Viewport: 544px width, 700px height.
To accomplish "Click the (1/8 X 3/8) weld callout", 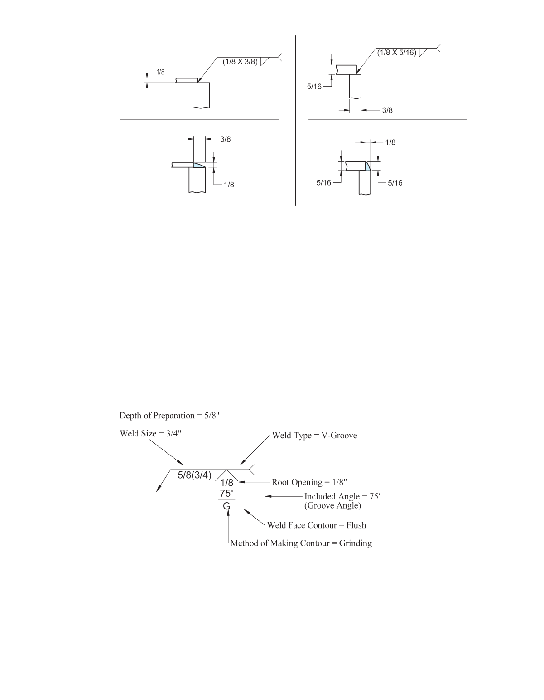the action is (x=240, y=62).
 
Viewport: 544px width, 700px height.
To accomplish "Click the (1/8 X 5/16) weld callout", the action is (x=397, y=53).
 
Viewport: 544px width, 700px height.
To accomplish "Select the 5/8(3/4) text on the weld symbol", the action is (x=194, y=475).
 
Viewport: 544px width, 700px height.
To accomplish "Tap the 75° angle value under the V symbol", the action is (x=226, y=493).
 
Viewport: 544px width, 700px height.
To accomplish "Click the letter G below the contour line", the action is (x=226, y=506).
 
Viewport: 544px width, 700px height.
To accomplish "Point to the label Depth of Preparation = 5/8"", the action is (x=169, y=416).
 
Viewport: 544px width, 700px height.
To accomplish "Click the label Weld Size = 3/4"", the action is (x=150, y=433).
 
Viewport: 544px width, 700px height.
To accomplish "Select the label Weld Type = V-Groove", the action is (x=314, y=435).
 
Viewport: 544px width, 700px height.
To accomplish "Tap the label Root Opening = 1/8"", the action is (x=309, y=482).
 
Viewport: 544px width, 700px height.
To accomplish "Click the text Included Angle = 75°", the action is (x=342, y=496).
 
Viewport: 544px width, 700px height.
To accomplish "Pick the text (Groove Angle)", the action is (x=332, y=505).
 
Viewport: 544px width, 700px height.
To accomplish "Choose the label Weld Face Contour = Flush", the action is (x=316, y=525).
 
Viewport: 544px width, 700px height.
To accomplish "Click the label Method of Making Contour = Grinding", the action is (x=301, y=543).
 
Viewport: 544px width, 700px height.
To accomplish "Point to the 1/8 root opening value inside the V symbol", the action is (x=226, y=483).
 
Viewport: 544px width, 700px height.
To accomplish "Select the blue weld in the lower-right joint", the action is (x=368, y=166).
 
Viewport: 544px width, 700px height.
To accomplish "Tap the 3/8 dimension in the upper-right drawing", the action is (x=387, y=110).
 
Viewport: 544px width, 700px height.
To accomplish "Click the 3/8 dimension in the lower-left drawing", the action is (x=226, y=139).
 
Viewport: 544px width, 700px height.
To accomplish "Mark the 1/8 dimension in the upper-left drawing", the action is (x=160, y=72).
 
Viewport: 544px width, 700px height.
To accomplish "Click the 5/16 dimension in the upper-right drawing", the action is (x=314, y=86).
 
